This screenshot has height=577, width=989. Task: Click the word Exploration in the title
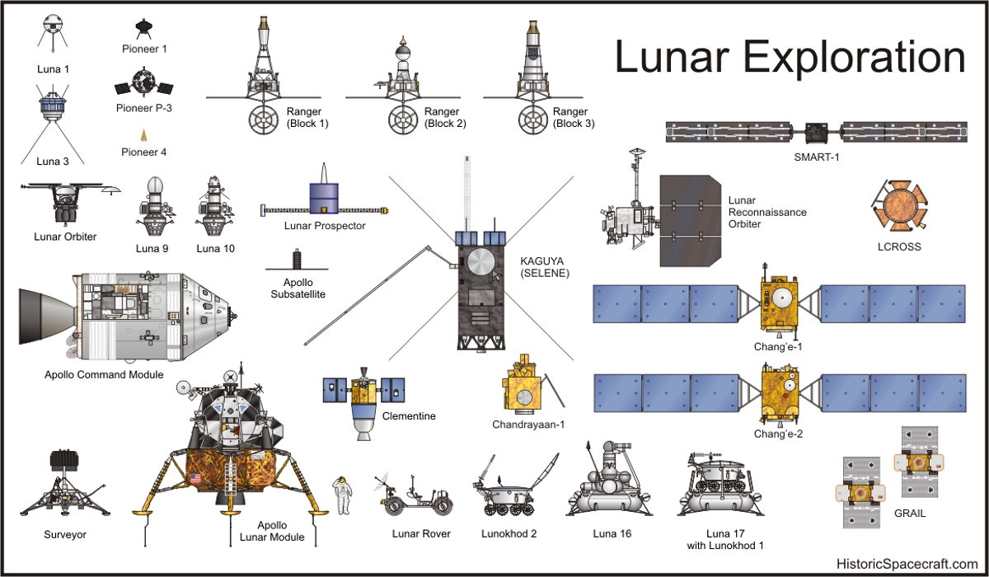[855, 58]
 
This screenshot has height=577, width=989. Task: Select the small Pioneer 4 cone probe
[143, 135]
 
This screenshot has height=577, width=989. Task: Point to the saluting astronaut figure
[342, 495]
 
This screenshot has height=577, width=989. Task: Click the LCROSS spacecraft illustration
[899, 206]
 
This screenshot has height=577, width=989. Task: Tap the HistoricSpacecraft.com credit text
[907, 564]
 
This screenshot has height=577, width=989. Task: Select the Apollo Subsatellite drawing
[297, 260]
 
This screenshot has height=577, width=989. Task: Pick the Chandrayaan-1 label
[528, 425]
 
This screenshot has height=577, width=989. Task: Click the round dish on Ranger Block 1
[264, 120]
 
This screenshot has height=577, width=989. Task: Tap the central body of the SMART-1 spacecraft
[817, 133]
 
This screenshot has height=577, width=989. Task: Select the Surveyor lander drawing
[64, 484]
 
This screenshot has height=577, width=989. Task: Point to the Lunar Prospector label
[325, 226]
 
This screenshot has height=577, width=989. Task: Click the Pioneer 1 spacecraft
[143, 29]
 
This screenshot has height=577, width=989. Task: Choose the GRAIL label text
[910, 514]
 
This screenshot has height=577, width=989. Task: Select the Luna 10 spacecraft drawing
[215, 207]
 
